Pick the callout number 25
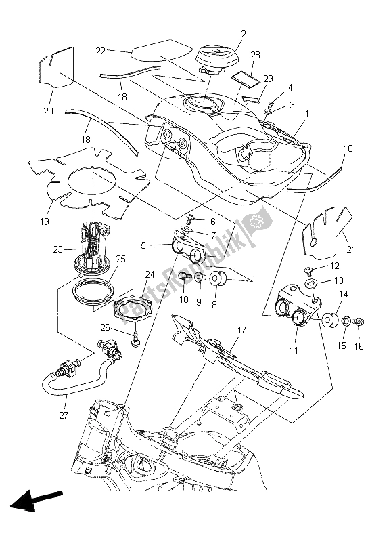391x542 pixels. (x=121, y=259)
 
